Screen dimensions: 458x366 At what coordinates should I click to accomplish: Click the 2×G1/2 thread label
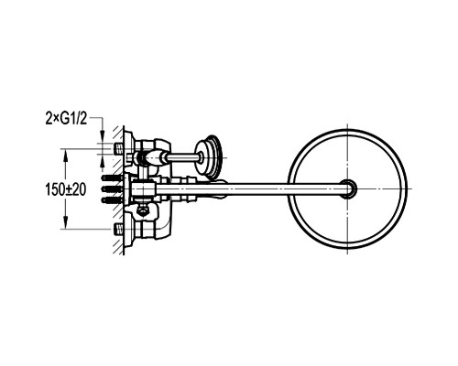pyautogui.click(x=66, y=119)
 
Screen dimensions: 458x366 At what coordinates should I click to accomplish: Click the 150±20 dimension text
pyautogui.click(x=66, y=190)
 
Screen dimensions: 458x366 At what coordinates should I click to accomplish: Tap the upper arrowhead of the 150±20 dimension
pyautogui.click(x=65, y=155)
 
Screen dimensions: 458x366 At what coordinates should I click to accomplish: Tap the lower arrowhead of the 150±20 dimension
pyautogui.click(x=65, y=222)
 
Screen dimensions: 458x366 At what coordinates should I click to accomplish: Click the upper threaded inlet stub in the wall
pyautogui.click(x=118, y=149)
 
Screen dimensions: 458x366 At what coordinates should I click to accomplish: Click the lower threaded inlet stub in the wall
pyautogui.click(x=118, y=229)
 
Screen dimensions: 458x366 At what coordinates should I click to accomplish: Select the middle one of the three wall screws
pyautogui.click(x=112, y=189)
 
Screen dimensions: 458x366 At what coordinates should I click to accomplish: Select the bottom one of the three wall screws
pyautogui.click(x=112, y=200)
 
